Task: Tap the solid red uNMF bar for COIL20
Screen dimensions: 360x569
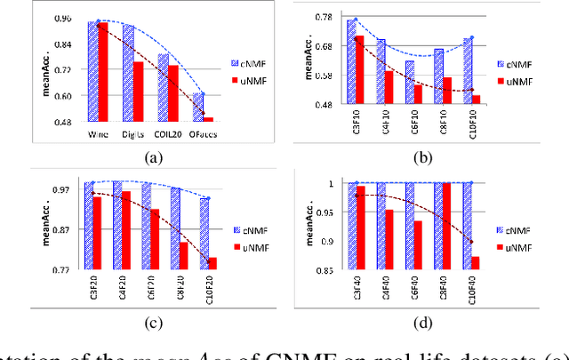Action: pos(173,93)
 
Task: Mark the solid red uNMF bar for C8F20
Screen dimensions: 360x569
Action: pos(183,255)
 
